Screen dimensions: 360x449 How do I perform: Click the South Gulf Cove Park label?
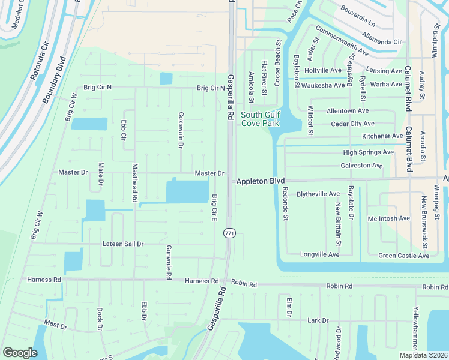point(261,119)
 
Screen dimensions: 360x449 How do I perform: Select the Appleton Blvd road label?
point(260,181)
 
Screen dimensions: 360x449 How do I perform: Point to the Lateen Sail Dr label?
point(123,244)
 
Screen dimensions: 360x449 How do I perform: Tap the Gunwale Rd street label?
point(169,262)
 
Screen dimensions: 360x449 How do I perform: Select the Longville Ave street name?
point(320,255)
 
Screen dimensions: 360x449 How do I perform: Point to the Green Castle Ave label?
point(403,256)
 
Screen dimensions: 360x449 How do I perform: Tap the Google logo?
point(20,353)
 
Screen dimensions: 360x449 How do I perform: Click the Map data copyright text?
point(424,355)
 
